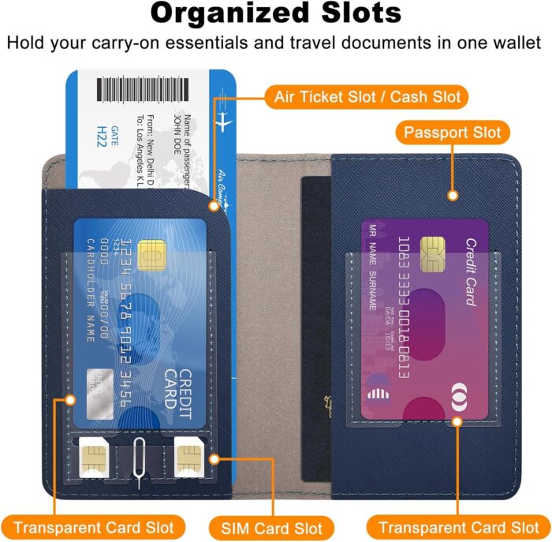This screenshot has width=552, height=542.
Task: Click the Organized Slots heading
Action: (x=275, y=13)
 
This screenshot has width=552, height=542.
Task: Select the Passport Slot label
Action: (x=452, y=132)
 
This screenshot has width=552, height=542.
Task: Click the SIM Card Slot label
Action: (x=270, y=526)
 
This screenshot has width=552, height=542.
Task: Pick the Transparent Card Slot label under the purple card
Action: (x=458, y=526)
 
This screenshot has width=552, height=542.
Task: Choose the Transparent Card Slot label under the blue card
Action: (x=93, y=526)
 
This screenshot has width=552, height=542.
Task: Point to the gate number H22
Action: (x=102, y=136)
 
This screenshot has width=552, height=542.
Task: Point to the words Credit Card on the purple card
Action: (x=468, y=271)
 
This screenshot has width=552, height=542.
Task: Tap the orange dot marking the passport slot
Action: (x=452, y=194)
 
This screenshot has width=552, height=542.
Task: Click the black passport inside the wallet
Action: (x=317, y=316)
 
